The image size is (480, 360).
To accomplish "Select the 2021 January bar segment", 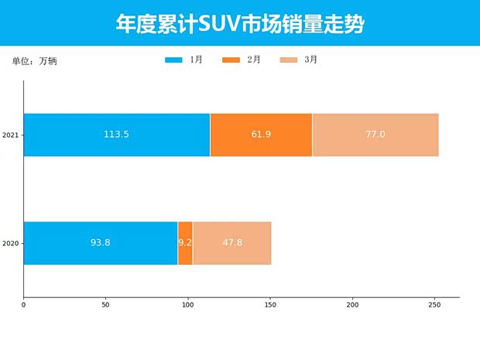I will point(116,135).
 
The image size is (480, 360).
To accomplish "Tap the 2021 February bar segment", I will point(261,135).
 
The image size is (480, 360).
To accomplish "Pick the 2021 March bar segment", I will point(375,135).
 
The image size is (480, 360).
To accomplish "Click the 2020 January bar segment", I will point(101,243).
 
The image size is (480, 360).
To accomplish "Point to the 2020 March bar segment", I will point(232,243).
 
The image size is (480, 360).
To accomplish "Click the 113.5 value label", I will point(116,135).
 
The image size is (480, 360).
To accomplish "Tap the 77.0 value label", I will point(375,135).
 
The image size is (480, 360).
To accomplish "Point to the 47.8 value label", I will point(232,243).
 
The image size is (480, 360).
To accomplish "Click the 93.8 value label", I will point(101,243).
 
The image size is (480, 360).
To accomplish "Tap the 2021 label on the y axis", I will point(11,135).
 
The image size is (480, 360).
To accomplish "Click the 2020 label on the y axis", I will point(11,244).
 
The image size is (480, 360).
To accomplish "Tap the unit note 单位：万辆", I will point(34,60).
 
